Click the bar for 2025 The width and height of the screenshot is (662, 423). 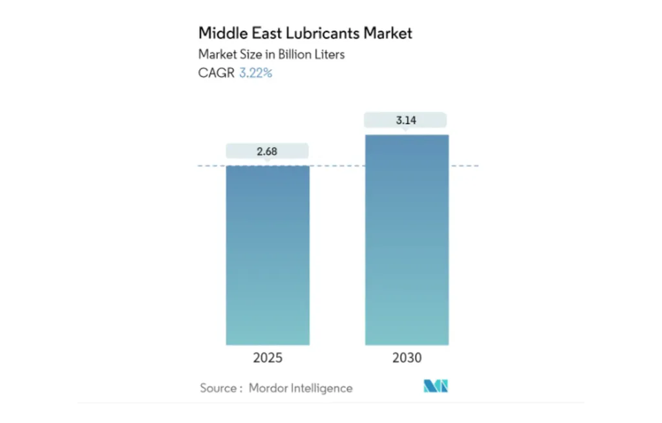click(268, 255)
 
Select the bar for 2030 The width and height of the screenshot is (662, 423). click(407, 239)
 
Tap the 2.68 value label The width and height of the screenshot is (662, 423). click(268, 151)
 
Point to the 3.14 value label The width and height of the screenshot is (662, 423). click(405, 120)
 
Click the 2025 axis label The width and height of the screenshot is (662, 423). click(268, 358)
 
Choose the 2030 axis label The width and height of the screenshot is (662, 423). click(407, 358)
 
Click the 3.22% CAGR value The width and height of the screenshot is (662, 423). click(256, 73)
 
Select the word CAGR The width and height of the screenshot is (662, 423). click(216, 73)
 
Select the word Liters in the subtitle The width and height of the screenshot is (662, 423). click(328, 54)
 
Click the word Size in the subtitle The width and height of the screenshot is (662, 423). click(246, 54)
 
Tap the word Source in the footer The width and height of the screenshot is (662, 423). click(218, 388)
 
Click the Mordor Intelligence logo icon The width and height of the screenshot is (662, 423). click(436, 387)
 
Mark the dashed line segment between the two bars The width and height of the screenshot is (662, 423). click(337, 166)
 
